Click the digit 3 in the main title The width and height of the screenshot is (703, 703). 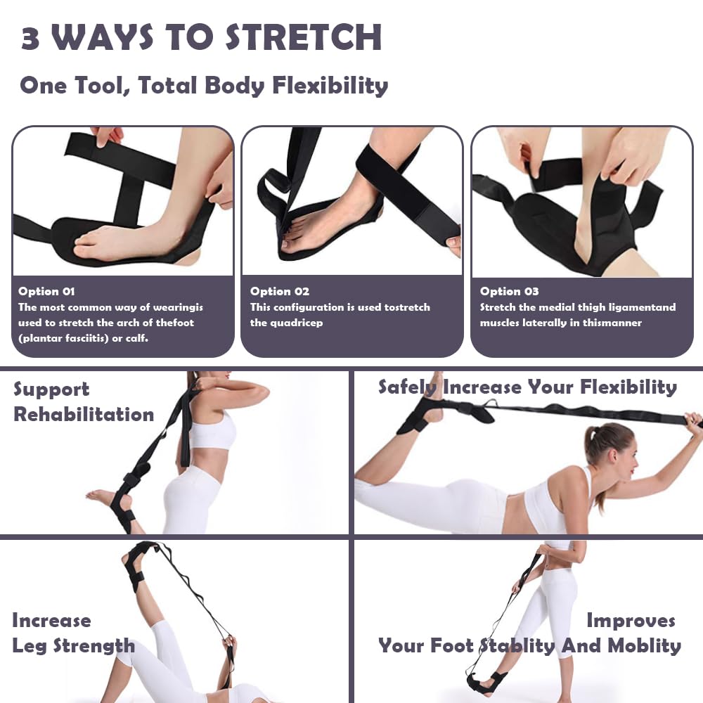tap(30, 38)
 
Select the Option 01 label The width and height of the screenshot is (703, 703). tap(46, 291)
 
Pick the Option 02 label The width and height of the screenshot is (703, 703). tap(279, 291)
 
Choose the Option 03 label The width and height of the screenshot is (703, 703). tap(509, 291)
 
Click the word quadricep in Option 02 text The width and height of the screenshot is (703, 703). tap(288, 323)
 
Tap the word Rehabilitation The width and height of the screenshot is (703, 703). tap(84, 414)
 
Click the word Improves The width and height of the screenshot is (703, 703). tap(631, 621)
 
